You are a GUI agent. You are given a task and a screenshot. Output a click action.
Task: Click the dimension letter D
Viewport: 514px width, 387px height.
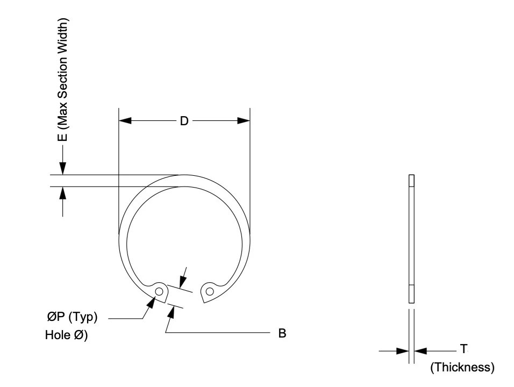[184, 121]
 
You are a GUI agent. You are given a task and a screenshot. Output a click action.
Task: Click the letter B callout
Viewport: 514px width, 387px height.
[282, 333]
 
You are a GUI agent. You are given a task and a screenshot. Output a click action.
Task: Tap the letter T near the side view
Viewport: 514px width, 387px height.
[463, 349]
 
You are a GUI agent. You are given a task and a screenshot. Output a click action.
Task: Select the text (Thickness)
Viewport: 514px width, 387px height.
[462, 367]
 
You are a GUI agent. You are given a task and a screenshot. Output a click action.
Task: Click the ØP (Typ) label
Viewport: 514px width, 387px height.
[72, 317]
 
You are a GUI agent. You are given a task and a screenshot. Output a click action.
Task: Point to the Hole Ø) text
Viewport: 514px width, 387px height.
[66, 335]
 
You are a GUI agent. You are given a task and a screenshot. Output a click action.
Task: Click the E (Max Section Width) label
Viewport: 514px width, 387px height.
[62, 80]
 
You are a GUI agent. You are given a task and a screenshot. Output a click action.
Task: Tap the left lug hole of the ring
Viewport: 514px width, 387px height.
[159, 291]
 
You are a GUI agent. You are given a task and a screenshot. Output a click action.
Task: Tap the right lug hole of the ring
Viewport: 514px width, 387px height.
[210, 291]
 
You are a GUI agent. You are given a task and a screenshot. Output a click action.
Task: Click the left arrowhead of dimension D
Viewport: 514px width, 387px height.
[125, 121]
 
